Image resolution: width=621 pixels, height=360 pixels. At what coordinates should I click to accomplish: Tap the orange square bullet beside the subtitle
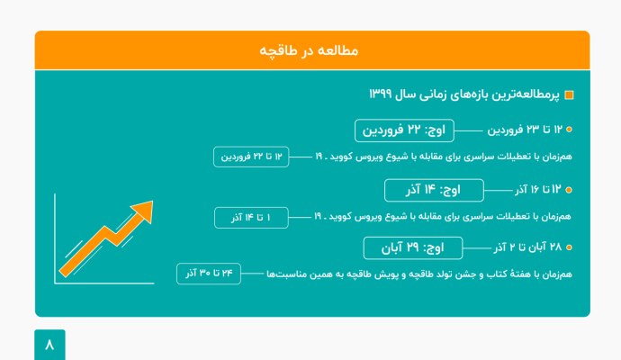pos(568,95)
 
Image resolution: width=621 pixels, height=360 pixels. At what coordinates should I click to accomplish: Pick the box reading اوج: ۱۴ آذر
pos(434,190)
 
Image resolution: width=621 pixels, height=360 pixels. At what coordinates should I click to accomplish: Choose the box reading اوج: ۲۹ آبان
pos(412,247)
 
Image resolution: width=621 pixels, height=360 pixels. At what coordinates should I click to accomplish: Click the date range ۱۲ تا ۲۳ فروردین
pos(523,130)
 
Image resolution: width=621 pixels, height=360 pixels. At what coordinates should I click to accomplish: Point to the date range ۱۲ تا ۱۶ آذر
pos(537,190)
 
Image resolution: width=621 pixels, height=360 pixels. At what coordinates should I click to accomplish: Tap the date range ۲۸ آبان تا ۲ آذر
pos(526,247)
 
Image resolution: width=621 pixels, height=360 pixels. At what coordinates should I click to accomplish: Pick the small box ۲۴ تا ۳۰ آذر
pos(209,273)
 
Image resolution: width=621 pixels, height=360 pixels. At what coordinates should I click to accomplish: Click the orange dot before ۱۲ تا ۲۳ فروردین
pos(569,130)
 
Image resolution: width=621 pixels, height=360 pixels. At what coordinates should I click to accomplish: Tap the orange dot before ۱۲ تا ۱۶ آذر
pos(569,191)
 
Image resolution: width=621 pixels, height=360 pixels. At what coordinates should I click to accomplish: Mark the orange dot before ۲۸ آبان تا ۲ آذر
pos(569,247)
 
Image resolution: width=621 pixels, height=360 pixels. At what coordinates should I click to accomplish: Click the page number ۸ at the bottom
pos(49,345)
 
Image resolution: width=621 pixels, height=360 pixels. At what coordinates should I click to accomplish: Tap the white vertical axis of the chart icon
pos(54,238)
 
